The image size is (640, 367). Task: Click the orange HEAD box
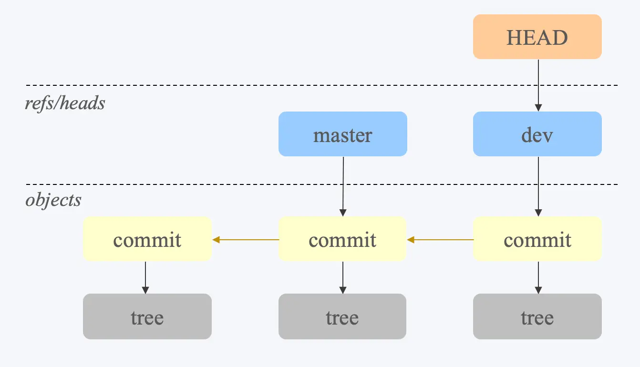pyautogui.click(x=537, y=37)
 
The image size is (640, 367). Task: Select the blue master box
pyautogui.click(x=342, y=134)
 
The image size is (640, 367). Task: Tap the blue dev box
pyautogui.click(x=537, y=134)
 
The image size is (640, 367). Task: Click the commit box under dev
pyautogui.click(x=537, y=239)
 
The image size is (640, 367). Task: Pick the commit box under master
pyautogui.click(x=342, y=239)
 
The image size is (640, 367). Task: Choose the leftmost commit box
pyautogui.click(x=147, y=239)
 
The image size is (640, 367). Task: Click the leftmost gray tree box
pyautogui.click(x=147, y=316)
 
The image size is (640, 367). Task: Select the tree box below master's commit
pyautogui.click(x=342, y=316)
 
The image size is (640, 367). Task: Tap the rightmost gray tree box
pyautogui.click(x=537, y=316)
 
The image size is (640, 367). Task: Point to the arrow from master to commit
pyautogui.click(x=342, y=186)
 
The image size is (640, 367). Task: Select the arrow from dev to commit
pyautogui.click(x=538, y=186)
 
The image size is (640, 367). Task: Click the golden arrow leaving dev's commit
pyautogui.click(x=440, y=240)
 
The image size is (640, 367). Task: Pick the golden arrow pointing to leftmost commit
pyautogui.click(x=245, y=240)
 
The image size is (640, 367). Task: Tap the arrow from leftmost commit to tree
pyautogui.click(x=145, y=277)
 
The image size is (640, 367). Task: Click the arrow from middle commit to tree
pyautogui.click(x=342, y=277)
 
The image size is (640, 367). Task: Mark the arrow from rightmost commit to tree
pyautogui.click(x=538, y=277)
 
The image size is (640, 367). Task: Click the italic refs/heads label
pyautogui.click(x=65, y=103)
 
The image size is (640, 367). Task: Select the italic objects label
pyautogui.click(x=53, y=200)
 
